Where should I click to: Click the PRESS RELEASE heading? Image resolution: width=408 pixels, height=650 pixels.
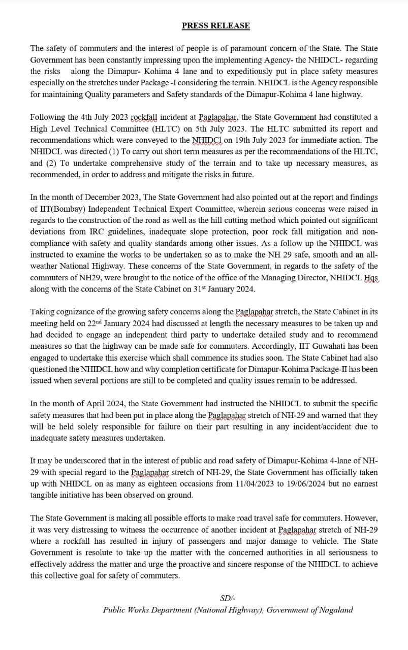(215, 25)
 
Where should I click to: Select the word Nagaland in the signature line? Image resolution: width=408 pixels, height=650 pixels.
(335, 610)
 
